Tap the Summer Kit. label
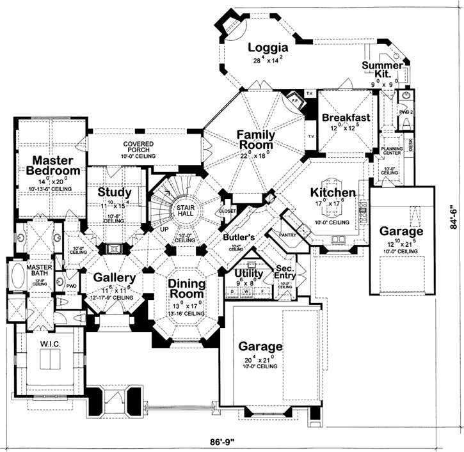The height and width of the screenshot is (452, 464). (x=382, y=70)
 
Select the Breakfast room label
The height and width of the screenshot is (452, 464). (x=346, y=118)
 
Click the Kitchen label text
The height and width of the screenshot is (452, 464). (x=333, y=192)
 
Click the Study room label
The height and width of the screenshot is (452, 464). (x=115, y=192)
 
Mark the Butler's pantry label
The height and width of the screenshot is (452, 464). (x=238, y=237)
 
